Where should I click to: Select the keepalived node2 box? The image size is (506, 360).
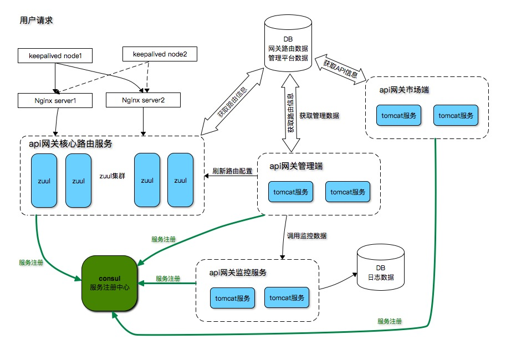click(x=159, y=55)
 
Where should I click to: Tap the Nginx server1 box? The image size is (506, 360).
click(x=55, y=101)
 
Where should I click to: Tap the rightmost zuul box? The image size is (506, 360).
click(x=180, y=180)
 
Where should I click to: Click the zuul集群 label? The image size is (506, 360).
click(x=113, y=176)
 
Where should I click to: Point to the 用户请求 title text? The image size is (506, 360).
click(x=36, y=20)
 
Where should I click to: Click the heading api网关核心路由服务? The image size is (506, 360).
click(x=70, y=144)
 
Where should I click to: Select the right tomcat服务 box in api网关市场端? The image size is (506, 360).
click(x=456, y=116)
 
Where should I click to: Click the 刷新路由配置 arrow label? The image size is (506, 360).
click(x=232, y=171)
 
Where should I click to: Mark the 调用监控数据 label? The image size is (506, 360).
click(x=306, y=235)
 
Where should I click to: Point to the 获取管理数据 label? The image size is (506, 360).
click(x=319, y=116)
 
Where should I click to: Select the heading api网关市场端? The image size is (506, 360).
click(x=404, y=89)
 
